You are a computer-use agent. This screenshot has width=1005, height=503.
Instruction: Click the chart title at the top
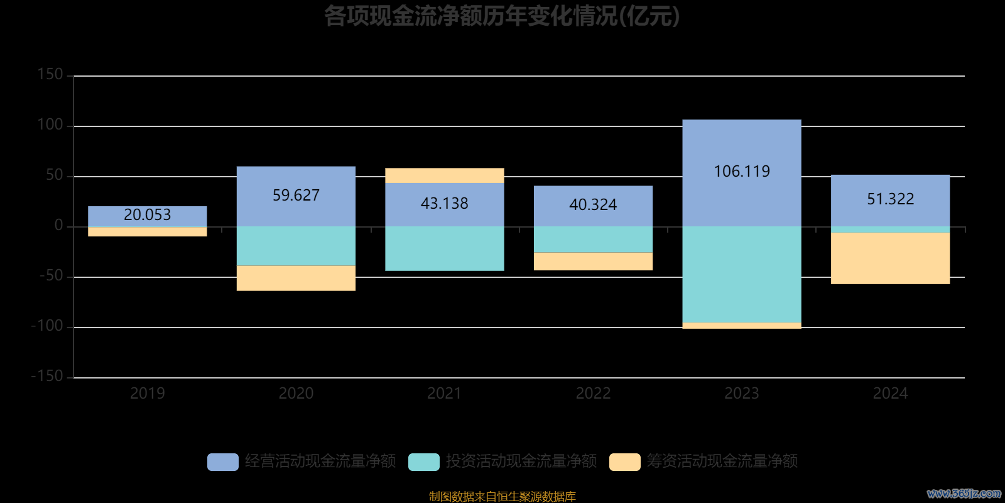click(502, 16)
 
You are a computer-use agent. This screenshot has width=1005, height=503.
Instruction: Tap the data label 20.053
click(147, 215)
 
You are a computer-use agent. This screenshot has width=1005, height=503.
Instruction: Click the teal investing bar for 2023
click(741, 274)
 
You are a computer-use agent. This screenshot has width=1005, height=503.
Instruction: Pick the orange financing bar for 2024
click(890, 258)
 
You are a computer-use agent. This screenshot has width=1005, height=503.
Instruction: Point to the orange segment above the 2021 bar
click(444, 175)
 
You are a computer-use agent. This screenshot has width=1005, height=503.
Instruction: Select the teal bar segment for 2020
click(296, 246)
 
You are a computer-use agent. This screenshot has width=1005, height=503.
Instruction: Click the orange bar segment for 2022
click(593, 262)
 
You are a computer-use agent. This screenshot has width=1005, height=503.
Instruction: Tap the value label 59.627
click(296, 196)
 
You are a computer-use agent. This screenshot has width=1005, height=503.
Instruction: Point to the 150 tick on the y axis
click(50, 75)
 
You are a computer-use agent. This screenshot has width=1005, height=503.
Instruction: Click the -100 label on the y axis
click(48, 326)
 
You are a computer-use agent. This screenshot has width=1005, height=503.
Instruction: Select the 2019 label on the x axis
click(147, 394)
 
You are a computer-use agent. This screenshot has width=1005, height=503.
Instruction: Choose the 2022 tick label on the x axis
click(593, 394)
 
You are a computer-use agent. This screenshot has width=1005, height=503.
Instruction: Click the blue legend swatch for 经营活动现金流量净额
click(223, 462)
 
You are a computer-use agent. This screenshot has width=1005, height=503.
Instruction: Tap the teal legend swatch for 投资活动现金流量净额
click(424, 462)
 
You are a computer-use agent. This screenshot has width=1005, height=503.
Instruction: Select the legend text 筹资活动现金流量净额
click(722, 462)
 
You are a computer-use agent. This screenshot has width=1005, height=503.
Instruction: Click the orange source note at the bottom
click(502, 497)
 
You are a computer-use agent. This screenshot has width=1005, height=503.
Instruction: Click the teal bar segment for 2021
click(444, 248)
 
